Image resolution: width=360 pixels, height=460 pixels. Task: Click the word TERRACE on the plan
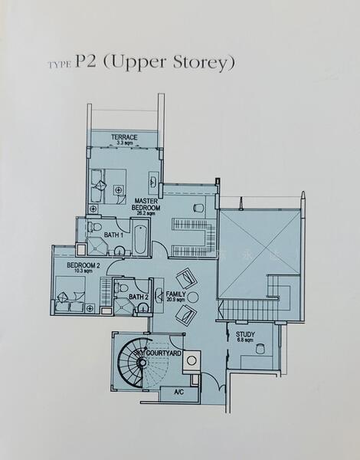tap(125, 137)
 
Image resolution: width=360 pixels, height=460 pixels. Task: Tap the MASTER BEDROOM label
tap(146, 205)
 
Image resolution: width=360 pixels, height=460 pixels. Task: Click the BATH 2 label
tap(138, 297)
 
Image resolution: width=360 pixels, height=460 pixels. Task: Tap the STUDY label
tap(246, 333)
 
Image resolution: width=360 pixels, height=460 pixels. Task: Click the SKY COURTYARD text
tap(158, 353)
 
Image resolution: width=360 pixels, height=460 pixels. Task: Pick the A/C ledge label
tap(179, 392)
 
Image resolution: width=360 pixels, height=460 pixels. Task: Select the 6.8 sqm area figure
tap(246, 340)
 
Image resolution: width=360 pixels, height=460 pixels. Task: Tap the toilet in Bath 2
tap(123, 288)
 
